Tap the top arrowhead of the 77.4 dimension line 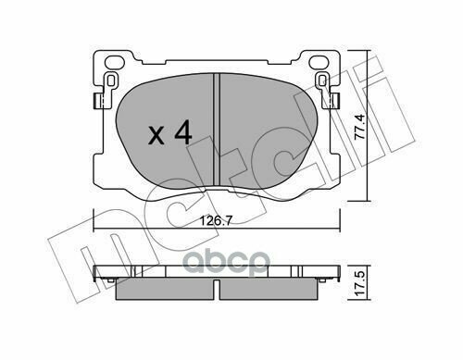pos(369,47)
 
